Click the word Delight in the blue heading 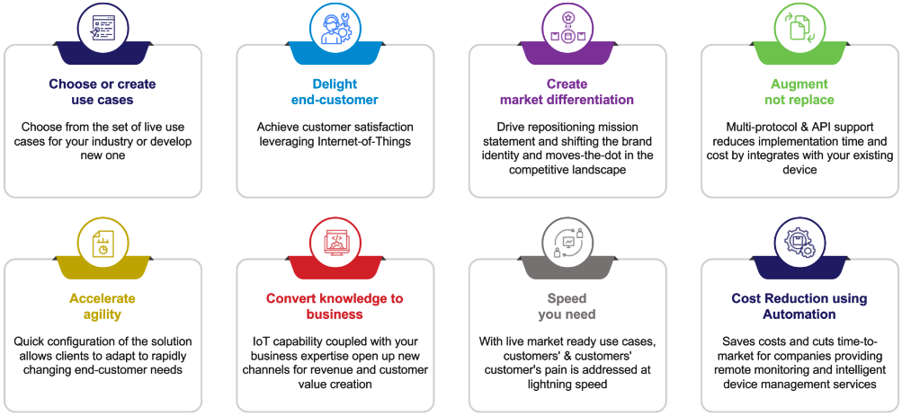pyautogui.click(x=335, y=84)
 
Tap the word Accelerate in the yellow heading pyautogui.click(x=103, y=299)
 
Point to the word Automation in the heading pyautogui.click(x=799, y=314)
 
